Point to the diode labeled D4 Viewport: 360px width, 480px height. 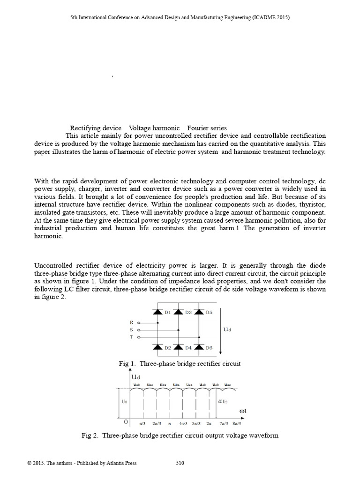coord(178,347)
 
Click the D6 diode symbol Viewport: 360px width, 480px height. coord(199,347)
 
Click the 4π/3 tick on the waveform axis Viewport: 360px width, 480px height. coord(183,423)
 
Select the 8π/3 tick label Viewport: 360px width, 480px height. coord(236,423)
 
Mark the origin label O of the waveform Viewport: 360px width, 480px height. coord(126,422)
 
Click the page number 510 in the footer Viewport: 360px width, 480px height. coord(180,463)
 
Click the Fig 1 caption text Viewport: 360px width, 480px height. coord(180,364)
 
